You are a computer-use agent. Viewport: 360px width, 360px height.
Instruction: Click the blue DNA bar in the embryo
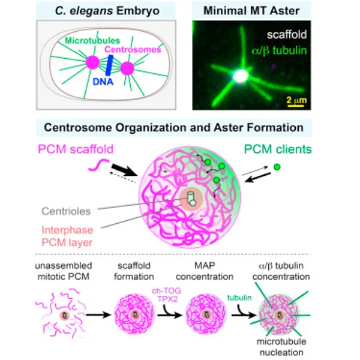click(110, 65)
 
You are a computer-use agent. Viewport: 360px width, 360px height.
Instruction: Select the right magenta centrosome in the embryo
click(127, 68)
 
